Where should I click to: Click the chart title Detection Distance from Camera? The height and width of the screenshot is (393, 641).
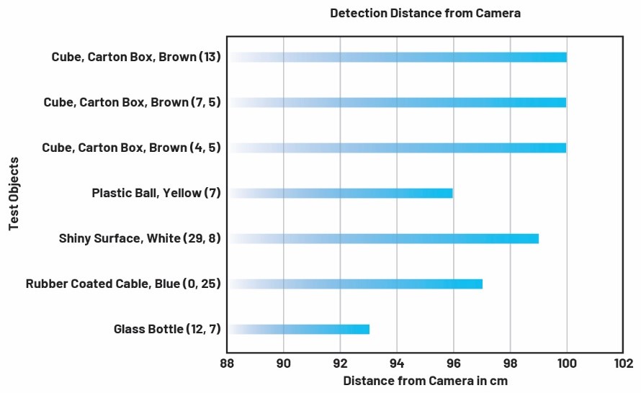point(425,14)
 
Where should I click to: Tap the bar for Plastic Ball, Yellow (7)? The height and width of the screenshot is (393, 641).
point(340,193)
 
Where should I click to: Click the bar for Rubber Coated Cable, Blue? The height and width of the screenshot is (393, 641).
point(355,284)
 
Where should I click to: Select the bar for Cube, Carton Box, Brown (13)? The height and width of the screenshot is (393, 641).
point(397,57)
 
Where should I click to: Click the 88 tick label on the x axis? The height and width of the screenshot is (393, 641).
point(227,363)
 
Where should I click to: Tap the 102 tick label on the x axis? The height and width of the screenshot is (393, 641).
point(623,363)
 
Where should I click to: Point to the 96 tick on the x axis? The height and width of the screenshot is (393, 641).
point(454,363)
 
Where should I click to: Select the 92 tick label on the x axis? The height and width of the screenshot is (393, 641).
point(340,363)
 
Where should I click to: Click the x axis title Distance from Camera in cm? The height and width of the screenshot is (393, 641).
point(425,381)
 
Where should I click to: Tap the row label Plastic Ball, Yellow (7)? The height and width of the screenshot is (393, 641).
point(156,193)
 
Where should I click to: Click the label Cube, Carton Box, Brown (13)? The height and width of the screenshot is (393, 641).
point(135,57)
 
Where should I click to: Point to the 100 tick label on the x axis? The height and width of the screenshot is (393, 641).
point(567,363)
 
